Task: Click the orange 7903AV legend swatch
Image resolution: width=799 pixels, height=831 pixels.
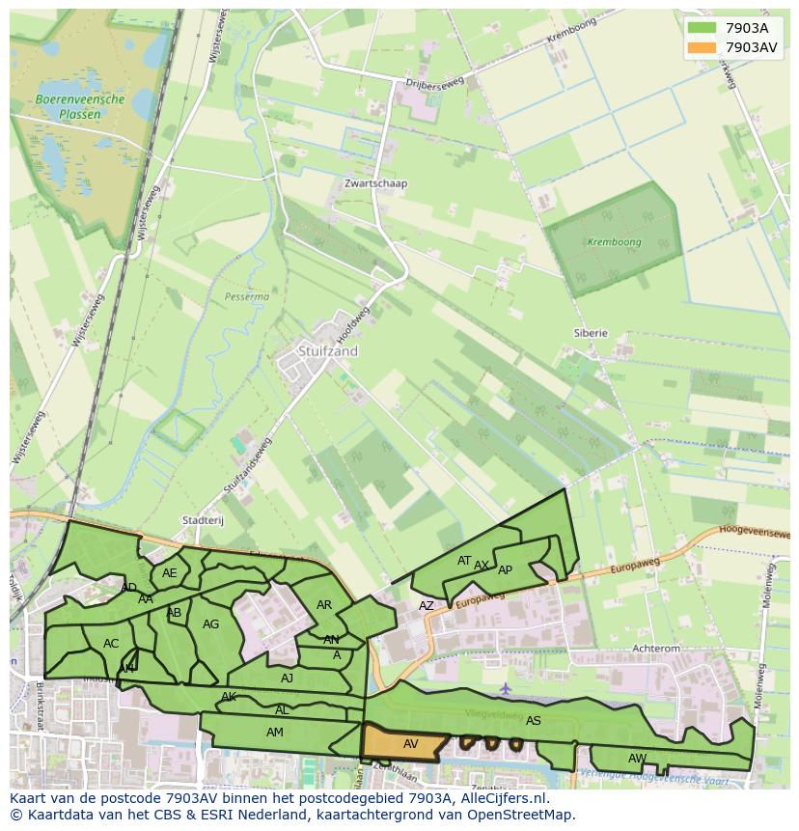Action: click(703, 47)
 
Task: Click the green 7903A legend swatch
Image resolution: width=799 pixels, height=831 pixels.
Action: click(703, 28)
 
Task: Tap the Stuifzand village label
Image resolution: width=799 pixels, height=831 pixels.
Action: click(327, 351)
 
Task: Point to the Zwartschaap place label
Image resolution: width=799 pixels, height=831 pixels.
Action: click(375, 183)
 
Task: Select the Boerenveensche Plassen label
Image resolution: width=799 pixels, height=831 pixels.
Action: click(80, 106)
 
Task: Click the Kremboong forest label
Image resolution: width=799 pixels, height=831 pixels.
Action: click(614, 241)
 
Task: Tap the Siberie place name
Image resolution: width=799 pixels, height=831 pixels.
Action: click(591, 333)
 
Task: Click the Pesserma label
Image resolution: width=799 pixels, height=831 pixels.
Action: click(246, 297)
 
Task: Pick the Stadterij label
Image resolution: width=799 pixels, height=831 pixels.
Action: click(203, 520)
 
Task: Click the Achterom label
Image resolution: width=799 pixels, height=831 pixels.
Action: click(656, 650)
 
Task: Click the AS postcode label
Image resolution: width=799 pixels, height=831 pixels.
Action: click(534, 720)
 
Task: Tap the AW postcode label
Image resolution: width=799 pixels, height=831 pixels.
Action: click(637, 758)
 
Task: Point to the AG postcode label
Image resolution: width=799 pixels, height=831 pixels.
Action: click(210, 624)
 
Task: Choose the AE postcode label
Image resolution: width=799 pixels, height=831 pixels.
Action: click(170, 572)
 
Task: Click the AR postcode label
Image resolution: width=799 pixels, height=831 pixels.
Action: click(324, 605)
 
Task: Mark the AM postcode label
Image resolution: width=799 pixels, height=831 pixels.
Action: click(275, 733)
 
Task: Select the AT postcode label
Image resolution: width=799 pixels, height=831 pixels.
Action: click(464, 560)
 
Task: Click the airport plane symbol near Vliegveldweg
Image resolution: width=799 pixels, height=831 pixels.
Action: click(506, 688)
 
